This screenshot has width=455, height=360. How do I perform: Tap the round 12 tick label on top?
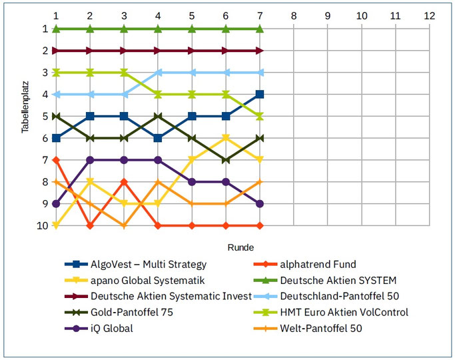pyautogui.click(x=430, y=15)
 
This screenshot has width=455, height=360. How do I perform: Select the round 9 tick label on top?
pyautogui.click(x=328, y=15)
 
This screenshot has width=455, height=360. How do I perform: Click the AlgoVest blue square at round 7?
pyautogui.click(x=260, y=95)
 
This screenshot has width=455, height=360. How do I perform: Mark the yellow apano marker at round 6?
pyautogui.click(x=226, y=138)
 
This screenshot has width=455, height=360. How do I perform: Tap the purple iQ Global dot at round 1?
pyautogui.click(x=57, y=204)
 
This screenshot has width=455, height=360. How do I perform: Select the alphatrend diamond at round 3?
pyautogui.click(x=125, y=182)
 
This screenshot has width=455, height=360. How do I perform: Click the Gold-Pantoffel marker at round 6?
pyautogui.click(x=226, y=160)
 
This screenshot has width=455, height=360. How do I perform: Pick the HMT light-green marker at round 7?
pyautogui.click(x=260, y=116)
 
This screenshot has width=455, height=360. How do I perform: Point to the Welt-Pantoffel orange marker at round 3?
pyautogui.click(x=125, y=226)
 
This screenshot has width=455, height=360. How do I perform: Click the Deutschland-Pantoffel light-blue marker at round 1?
pyautogui.click(x=57, y=95)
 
